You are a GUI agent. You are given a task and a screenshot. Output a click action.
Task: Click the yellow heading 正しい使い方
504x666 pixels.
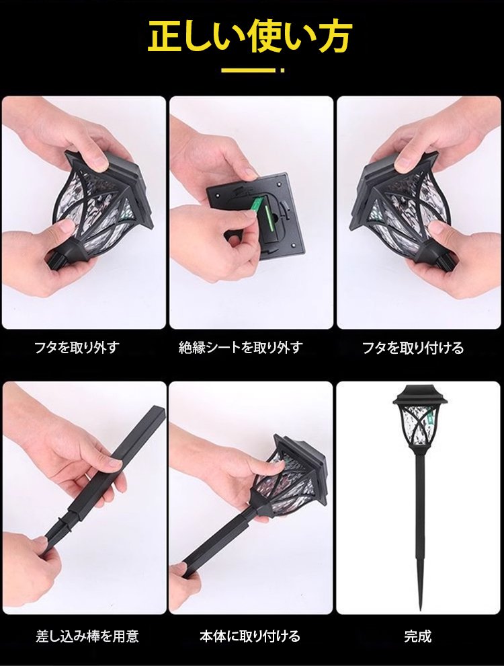tap(250, 37)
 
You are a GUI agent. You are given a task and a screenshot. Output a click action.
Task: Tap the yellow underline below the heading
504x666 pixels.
tap(253, 70)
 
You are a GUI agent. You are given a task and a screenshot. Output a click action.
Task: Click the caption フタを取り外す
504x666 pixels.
tap(77, 348)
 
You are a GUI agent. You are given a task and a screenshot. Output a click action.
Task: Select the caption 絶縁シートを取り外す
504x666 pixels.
tap(241, 348)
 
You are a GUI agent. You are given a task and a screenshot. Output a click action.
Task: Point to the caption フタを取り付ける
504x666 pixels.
tap(413, 348)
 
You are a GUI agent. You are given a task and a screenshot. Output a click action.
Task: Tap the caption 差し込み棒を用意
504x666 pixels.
tap(87, 636)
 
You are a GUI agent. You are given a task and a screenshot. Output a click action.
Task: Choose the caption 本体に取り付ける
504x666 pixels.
tap(250, 636)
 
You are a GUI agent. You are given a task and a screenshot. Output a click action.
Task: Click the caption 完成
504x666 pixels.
tap(418, 636)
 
